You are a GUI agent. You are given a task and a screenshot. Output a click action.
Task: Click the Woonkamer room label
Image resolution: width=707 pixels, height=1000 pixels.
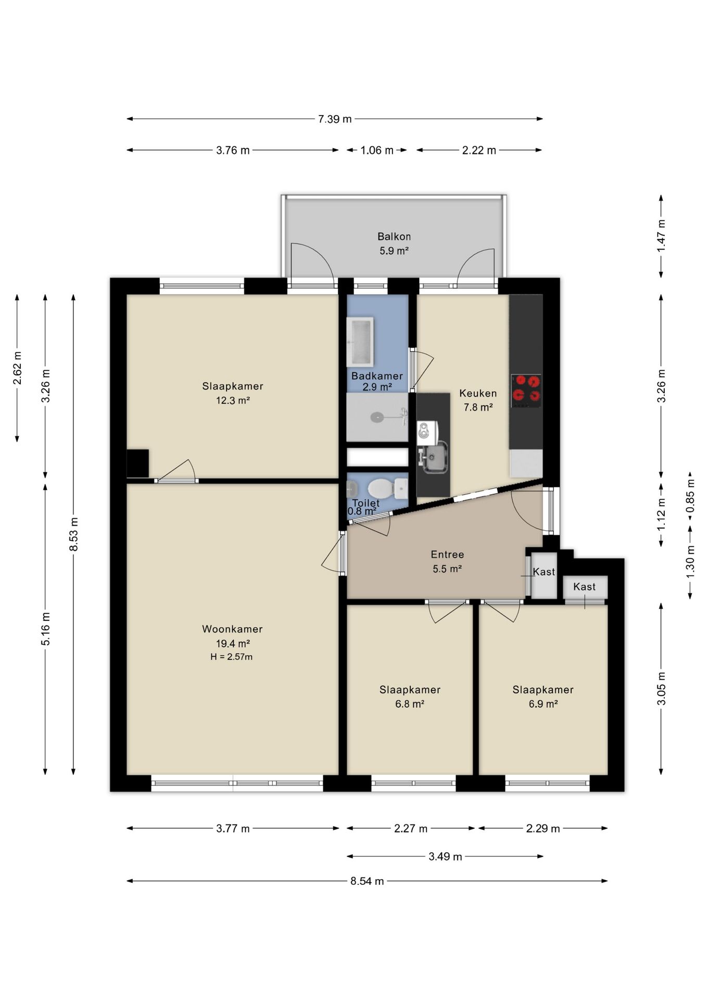[232, 629]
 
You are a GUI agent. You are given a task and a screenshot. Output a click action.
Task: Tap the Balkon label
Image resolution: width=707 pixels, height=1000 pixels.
[394, 236]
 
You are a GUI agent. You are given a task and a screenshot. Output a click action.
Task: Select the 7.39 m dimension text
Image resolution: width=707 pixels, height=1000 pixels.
[335, 119]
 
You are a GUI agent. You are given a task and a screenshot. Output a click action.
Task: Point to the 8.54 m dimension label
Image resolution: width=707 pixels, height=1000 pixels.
[367, 881]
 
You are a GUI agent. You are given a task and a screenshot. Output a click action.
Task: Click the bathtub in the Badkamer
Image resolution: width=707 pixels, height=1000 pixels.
[360, 342]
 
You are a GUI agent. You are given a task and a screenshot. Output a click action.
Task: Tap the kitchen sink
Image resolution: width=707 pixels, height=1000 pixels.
[434, 457]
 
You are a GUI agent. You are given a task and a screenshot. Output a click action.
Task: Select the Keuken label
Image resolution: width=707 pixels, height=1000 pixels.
[478, 393]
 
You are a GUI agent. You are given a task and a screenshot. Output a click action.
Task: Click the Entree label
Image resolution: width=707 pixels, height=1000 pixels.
[447, 555]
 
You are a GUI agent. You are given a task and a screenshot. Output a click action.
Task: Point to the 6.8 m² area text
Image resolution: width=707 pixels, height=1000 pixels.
[410, 704]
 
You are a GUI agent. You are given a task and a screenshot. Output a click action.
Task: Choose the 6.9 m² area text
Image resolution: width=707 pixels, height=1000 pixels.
[543, 704]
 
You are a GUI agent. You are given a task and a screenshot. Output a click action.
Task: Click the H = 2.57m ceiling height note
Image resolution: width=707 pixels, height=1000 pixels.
[232, 657]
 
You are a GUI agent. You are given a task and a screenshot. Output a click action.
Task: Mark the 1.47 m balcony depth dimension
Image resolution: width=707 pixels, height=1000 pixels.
[661, 236]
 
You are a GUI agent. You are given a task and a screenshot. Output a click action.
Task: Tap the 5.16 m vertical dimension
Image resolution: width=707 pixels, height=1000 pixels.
[46, 629]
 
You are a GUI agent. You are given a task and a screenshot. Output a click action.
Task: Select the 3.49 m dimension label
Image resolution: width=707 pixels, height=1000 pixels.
[445, 856]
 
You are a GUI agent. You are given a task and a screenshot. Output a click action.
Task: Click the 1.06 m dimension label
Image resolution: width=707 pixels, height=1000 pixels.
[377, 151]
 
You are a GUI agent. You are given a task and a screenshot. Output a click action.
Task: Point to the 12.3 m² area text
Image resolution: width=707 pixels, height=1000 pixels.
[233, 401]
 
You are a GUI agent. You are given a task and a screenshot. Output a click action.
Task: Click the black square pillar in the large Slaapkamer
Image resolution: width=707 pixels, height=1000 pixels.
[137, 463]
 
